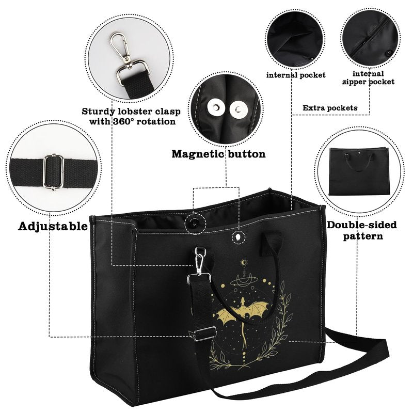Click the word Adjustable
click(53, 226)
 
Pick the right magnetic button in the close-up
click(238, 109)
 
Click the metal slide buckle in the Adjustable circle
click(54, 172)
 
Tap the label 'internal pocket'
click(296, 75)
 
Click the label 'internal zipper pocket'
click(368, 78)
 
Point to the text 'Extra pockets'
click(330, 108)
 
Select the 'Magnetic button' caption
click(218, 154)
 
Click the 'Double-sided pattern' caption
click(362, 230)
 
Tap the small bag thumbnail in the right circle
click(359, 171)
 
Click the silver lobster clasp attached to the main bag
click(200, 261)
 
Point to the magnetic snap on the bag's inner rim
click(195, 223)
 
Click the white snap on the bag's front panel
click(238, 237)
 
